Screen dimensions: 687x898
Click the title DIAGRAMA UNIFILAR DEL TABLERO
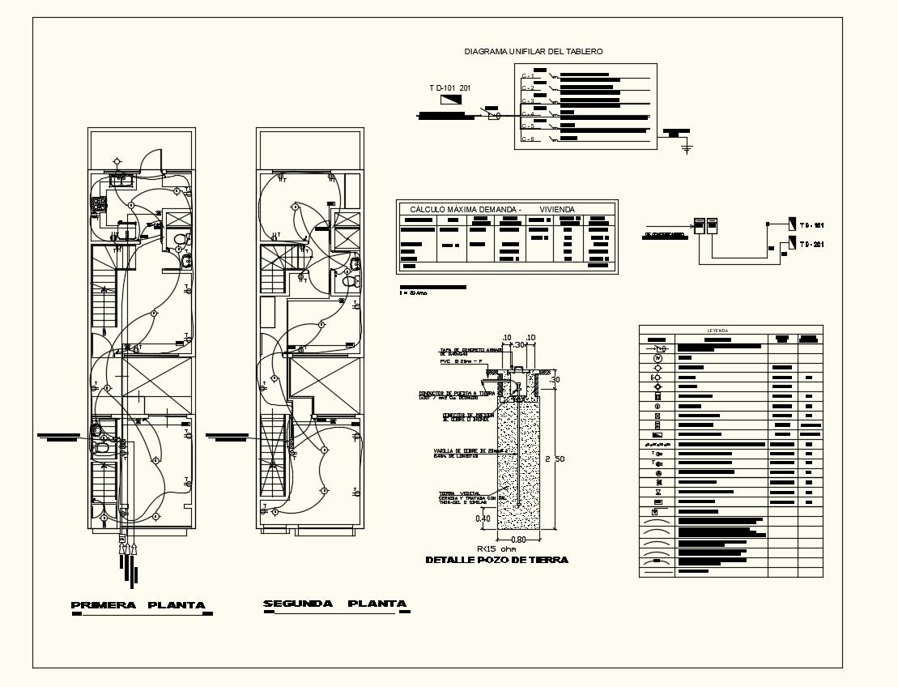tap(533, 51)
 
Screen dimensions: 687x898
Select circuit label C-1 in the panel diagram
tap(526, 75)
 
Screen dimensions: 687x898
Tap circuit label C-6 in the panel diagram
tap(526, 139)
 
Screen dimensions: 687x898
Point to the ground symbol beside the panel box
tap(687, 148)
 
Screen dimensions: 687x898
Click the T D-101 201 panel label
tap(450, 87)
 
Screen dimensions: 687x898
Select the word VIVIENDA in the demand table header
tap(556, 209)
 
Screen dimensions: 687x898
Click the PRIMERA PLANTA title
tap(138, 605)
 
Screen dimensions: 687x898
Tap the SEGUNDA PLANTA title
tap(334, 604)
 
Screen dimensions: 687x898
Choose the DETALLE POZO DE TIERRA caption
tap(496, 560)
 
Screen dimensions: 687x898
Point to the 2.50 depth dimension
tap(554, 459)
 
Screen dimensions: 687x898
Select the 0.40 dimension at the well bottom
tap(483, 518)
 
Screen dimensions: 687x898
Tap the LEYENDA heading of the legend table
tap(717, 331)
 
